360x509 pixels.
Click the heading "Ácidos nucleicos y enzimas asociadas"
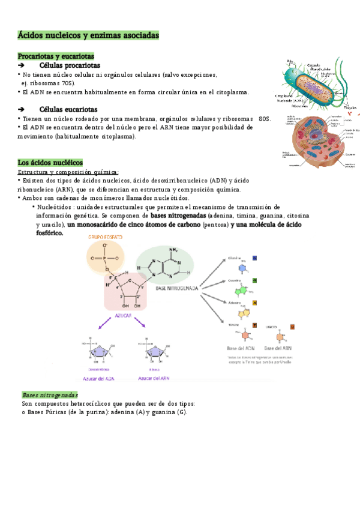point(89,36)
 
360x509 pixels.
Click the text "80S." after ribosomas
point(265,119)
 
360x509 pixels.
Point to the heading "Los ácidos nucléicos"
point(50,163)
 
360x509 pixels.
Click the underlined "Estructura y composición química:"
point(68,172)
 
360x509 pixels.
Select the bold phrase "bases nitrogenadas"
point(178,215)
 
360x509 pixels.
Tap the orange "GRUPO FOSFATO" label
point(106,237)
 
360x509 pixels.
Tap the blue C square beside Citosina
point(255,258)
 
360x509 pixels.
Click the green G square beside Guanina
point(255,280)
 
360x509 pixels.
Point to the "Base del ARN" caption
point(278,348)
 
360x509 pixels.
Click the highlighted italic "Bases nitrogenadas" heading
point(50,395)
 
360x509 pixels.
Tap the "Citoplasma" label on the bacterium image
point(284,95)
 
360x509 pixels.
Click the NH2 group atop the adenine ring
point(174,250)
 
